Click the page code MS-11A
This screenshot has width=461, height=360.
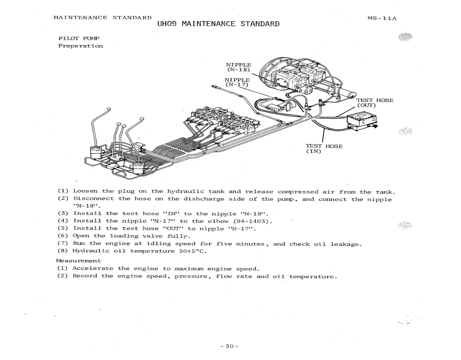coord(382,18)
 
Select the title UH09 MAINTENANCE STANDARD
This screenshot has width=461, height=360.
coord(219,24)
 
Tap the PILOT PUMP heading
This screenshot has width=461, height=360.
coord(79,38)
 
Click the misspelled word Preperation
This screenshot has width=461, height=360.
coord(80,46)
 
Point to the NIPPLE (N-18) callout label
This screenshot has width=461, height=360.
coord(238,67)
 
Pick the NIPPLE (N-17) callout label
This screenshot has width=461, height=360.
coord(237,82)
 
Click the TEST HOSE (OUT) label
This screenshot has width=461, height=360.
coord(375,102)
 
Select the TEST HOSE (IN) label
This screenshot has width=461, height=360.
coord(324,148)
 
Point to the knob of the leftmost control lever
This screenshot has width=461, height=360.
coord(109,109)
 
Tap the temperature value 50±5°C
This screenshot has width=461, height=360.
coord(191,251)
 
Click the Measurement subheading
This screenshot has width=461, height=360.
coord(78,261)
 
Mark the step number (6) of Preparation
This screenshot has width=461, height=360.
coord(63,236)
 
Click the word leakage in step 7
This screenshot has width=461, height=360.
coord(346,244)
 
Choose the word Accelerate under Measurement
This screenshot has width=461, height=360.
coord(93,268)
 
